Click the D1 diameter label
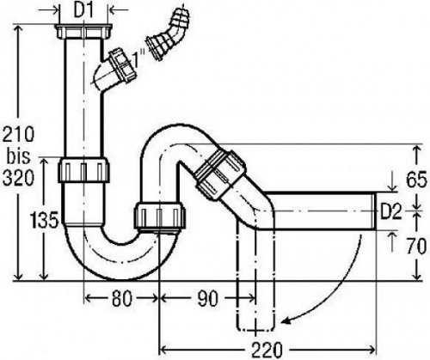point(83,11)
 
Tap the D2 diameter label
point(391,211)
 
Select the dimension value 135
point(45,220)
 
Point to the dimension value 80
point(122,298)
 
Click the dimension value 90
point(207,298)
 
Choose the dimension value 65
point(416,180)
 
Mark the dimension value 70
point(416,247)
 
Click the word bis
point(19,156)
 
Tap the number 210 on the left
point(18,134)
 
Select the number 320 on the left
point(18,178)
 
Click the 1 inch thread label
point(138,58)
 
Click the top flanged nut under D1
point(83,32)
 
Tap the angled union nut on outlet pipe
point(220,174)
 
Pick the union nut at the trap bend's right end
point(160,216)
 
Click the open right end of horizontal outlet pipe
point(376,211)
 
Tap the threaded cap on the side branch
point(124,64)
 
